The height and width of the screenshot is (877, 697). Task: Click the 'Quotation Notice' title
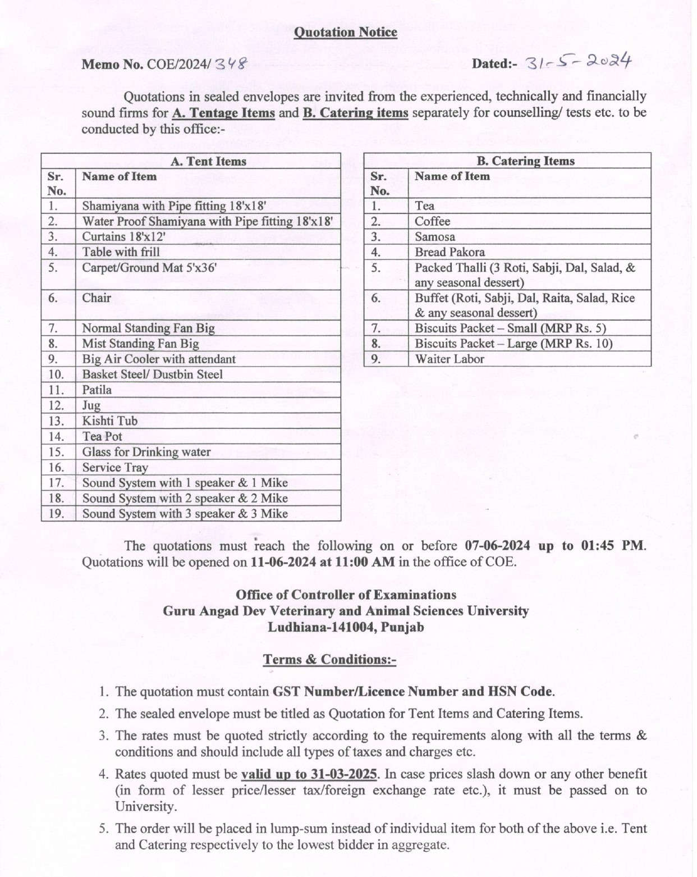(346, 32)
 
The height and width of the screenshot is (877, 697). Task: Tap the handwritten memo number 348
(231, 64)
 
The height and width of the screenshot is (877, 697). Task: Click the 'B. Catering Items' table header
(525, 161)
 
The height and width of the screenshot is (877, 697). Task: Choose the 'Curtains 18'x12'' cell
(123, 236)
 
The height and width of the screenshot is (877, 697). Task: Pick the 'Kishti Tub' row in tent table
(109, 421)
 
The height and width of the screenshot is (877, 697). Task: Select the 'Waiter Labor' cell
(450, 359)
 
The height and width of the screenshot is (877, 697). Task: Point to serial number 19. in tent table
(57, 513)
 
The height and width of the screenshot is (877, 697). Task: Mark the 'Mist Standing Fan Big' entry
(140, 344)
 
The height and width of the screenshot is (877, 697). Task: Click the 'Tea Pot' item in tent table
(102, 436)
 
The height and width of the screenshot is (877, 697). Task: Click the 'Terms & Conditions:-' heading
(329, 659)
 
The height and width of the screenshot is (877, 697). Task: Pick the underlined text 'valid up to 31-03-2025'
(309, 774)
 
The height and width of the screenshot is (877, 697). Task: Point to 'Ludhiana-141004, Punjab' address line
(346, 627)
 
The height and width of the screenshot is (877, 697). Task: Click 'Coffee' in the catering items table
(432, 221)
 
